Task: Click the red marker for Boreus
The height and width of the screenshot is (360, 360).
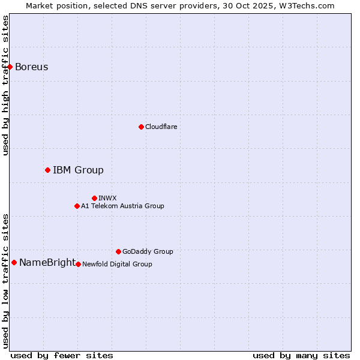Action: tap(10, 67)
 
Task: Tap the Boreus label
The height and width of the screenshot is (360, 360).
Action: tap(32, 67)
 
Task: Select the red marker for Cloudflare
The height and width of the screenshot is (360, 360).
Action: tap(141, 127)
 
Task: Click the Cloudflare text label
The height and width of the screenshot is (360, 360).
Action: tap(161, 127)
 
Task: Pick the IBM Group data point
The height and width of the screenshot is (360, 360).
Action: tap(47, 170)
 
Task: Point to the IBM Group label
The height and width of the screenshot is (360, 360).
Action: tap(78, 170)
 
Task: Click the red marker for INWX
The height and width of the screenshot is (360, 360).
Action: tap(94, 198)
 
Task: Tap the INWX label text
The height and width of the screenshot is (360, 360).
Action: tap(107, 198)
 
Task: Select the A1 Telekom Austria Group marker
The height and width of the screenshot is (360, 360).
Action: tap(77, 206)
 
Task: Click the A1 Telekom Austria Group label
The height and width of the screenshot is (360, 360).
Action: tap(122, 206)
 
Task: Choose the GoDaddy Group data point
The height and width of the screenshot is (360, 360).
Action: tap(118, 251)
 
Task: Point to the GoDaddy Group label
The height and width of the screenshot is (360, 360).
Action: tap(148, 251)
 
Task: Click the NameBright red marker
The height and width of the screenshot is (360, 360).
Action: tap(14, 262)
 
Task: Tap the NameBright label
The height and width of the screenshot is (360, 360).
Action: tap(47, 263)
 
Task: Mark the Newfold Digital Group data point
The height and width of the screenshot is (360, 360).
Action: tap(78, 264)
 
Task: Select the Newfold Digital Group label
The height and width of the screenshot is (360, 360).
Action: tap(117, 264)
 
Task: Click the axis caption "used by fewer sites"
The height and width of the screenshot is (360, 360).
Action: tap(62, 355)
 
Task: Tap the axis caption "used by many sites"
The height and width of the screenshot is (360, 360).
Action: tap(301, 355)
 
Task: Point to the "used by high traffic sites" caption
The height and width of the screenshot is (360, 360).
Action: tap(6, 85)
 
